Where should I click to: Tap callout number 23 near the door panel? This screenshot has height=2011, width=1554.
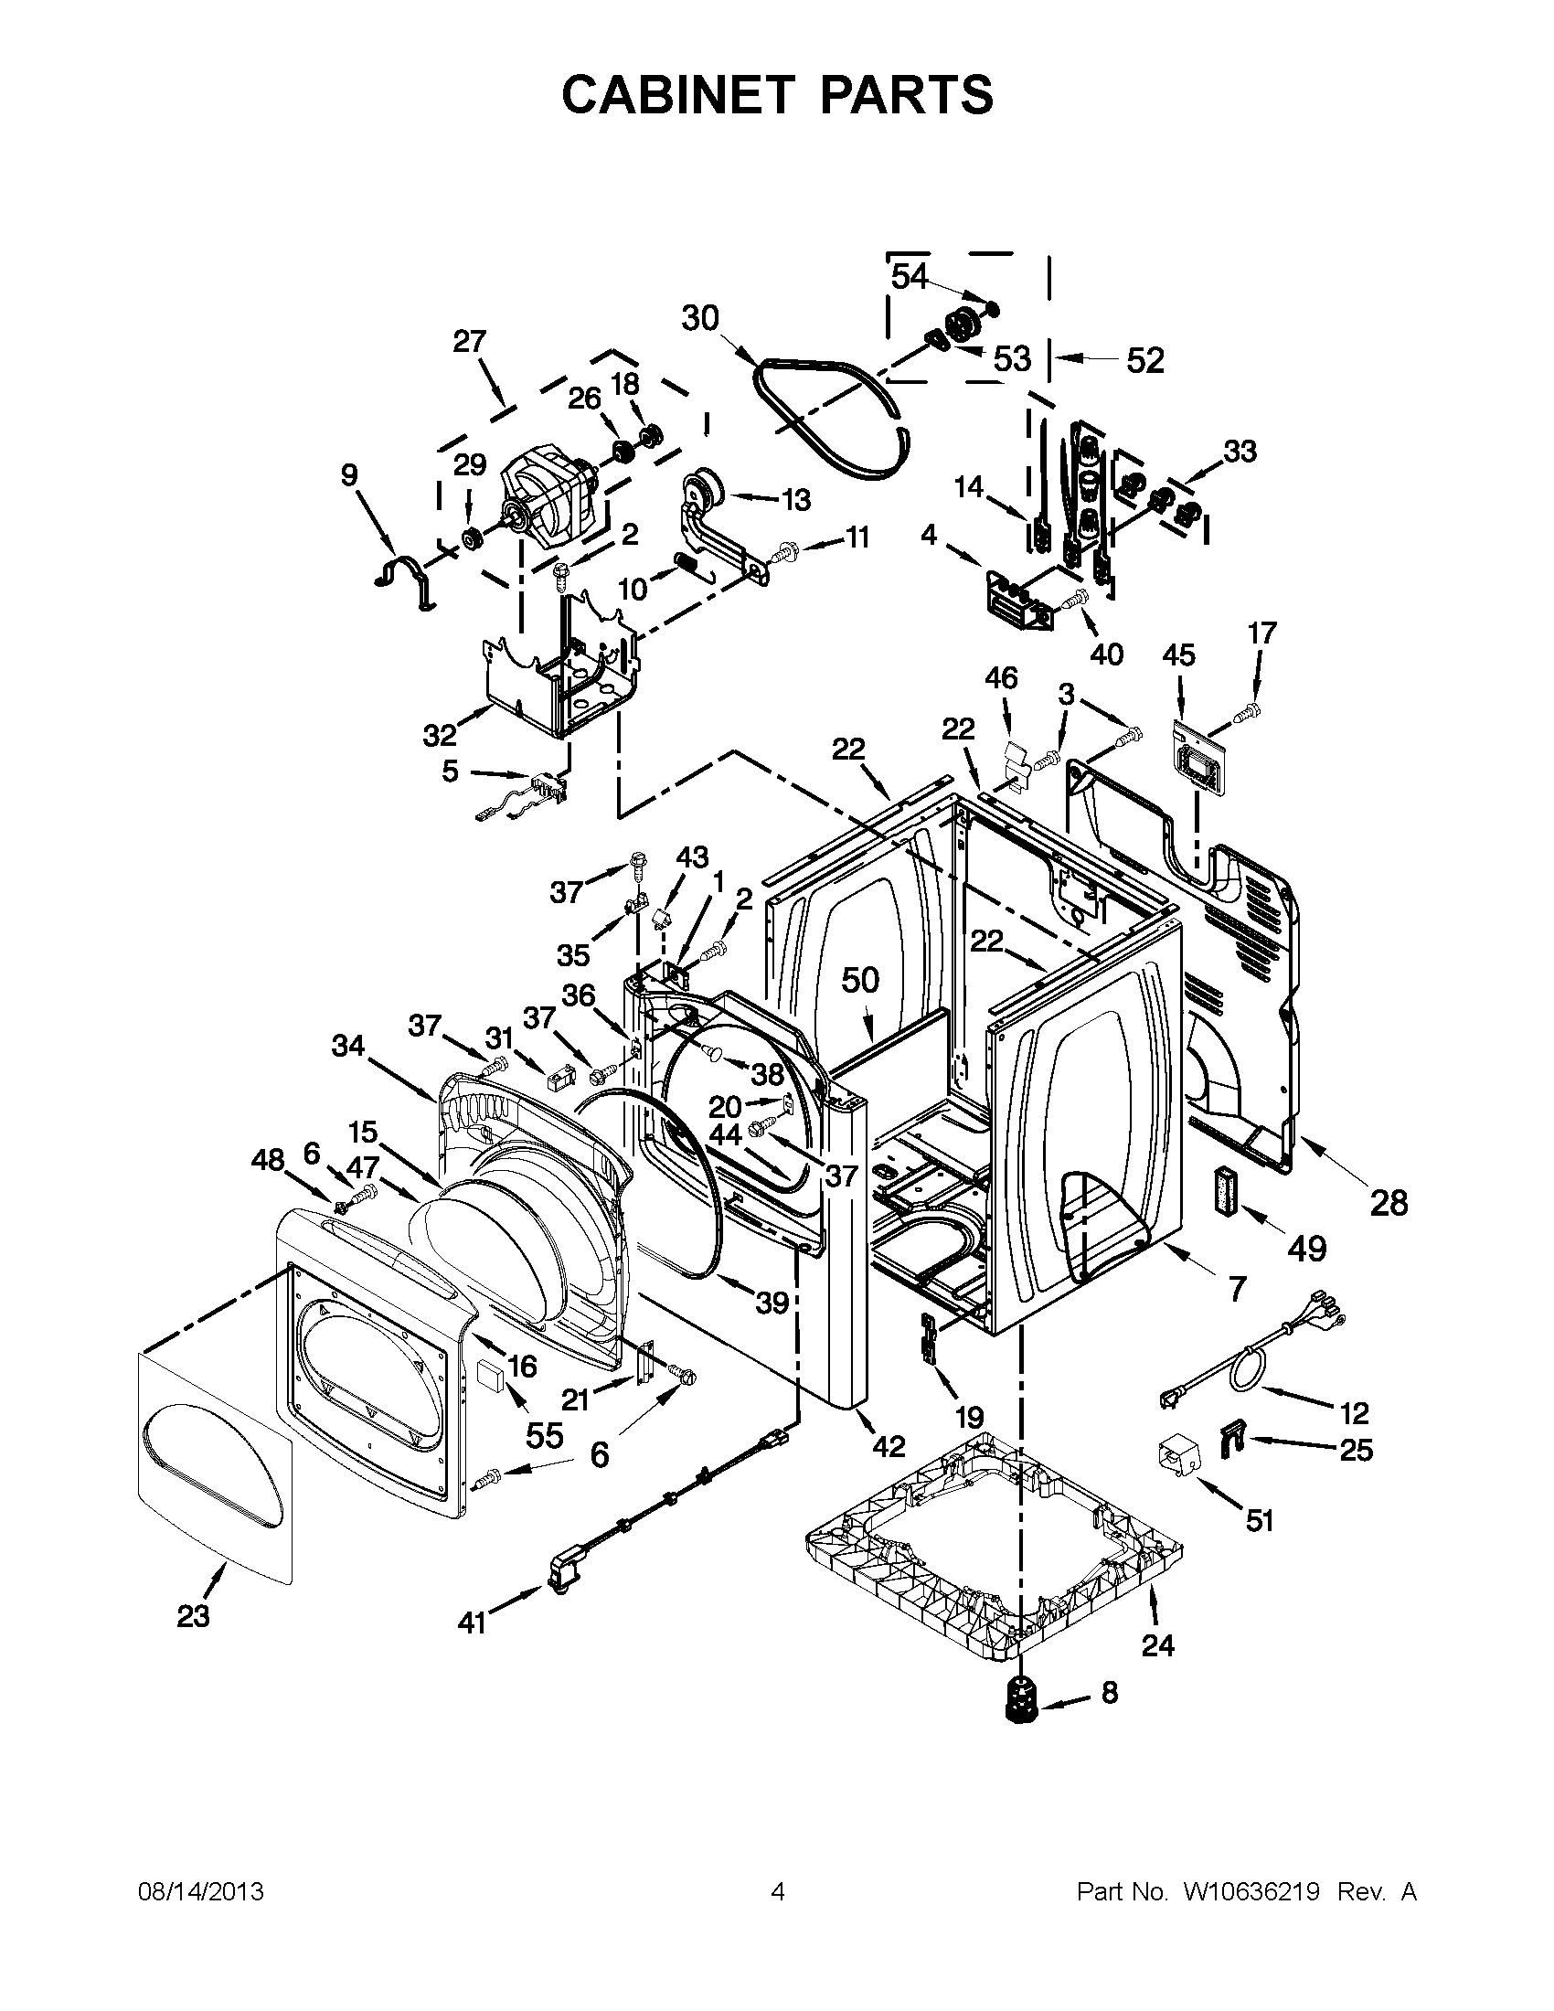click(193, 1615)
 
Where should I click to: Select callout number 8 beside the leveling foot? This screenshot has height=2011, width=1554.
click(1110, 1691)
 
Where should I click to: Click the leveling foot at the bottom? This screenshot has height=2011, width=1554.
click(1020, 1713)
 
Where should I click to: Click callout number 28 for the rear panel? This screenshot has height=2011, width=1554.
click(1389, 1202)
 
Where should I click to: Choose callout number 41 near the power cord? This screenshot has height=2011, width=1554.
click(472, 1623)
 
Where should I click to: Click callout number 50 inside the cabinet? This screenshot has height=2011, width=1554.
click(861, 981)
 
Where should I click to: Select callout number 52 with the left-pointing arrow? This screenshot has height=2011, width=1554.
click(1145, 360)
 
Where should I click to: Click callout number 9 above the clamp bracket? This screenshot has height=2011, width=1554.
click(348, 475)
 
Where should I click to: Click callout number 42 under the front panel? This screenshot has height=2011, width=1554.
click(889, 1447)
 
